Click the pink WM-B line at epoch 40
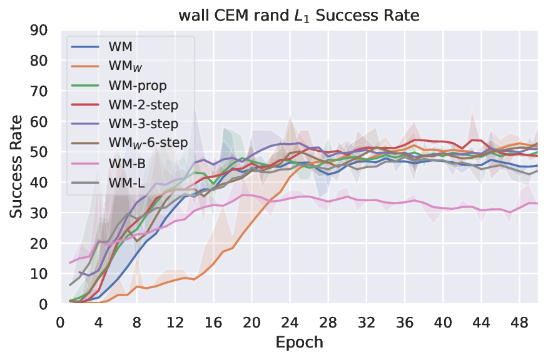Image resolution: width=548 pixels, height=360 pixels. [444, 207]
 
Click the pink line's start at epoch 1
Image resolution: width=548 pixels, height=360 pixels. [70, 263]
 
